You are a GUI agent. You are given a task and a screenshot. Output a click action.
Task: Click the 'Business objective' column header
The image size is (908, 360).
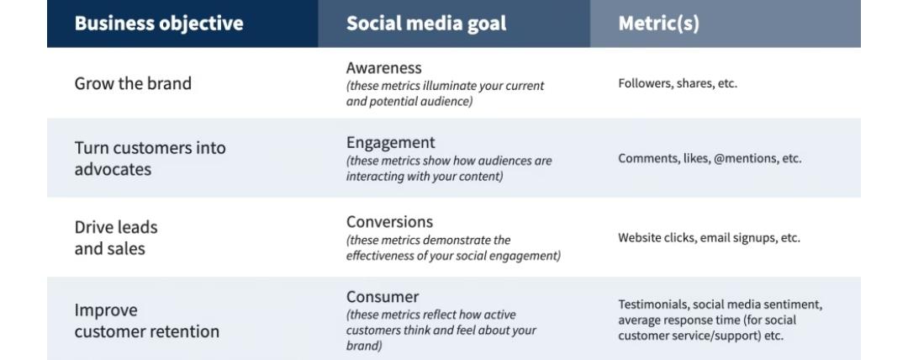(159, 24)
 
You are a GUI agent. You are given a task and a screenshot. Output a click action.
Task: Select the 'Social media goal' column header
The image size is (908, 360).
(426, 24)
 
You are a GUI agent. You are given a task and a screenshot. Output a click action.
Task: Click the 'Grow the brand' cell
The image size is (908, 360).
(133, 83)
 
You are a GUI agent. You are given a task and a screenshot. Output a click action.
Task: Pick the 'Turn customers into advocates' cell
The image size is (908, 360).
(150, 158)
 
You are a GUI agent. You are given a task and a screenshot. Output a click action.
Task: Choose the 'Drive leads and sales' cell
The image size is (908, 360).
(116, 237)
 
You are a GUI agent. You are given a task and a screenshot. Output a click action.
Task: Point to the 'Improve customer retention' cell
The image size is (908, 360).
(146, 320)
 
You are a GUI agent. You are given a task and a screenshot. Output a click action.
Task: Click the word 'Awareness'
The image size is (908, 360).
(384, 67)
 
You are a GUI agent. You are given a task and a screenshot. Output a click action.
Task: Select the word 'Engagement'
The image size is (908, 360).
(391, 142)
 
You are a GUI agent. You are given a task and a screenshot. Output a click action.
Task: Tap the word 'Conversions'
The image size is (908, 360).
(389, 222)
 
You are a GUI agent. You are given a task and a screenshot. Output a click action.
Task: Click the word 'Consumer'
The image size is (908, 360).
(383, 297)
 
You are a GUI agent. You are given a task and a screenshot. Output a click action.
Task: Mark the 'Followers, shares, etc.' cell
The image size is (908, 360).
(678, 83)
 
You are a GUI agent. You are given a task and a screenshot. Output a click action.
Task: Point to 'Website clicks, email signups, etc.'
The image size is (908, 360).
(709, 237)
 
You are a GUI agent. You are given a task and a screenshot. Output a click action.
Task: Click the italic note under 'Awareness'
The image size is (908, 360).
(445, 93)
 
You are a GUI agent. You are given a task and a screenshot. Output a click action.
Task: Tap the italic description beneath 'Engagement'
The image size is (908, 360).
(449, 168)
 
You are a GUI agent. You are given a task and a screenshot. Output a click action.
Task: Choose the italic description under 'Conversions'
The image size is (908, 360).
(453, 248)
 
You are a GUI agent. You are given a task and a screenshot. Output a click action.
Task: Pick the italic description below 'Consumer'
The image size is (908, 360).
(441, 330)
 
